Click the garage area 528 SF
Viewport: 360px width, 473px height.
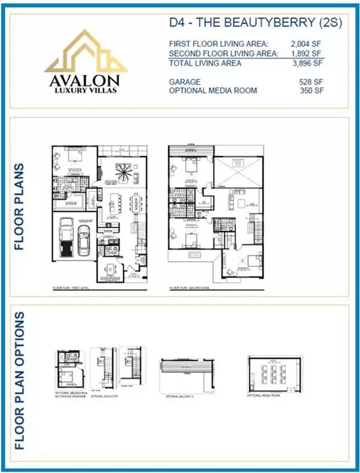(309, 81)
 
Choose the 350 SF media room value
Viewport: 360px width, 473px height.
(309, 91)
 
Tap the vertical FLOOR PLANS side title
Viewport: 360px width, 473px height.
(19, 206)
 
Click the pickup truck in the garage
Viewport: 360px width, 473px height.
(67, 239)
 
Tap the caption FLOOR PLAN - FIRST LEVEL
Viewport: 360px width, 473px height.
(69, 288)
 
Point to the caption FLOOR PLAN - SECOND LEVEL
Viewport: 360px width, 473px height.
(189, 288)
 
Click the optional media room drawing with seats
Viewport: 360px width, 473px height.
(271, 373)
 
